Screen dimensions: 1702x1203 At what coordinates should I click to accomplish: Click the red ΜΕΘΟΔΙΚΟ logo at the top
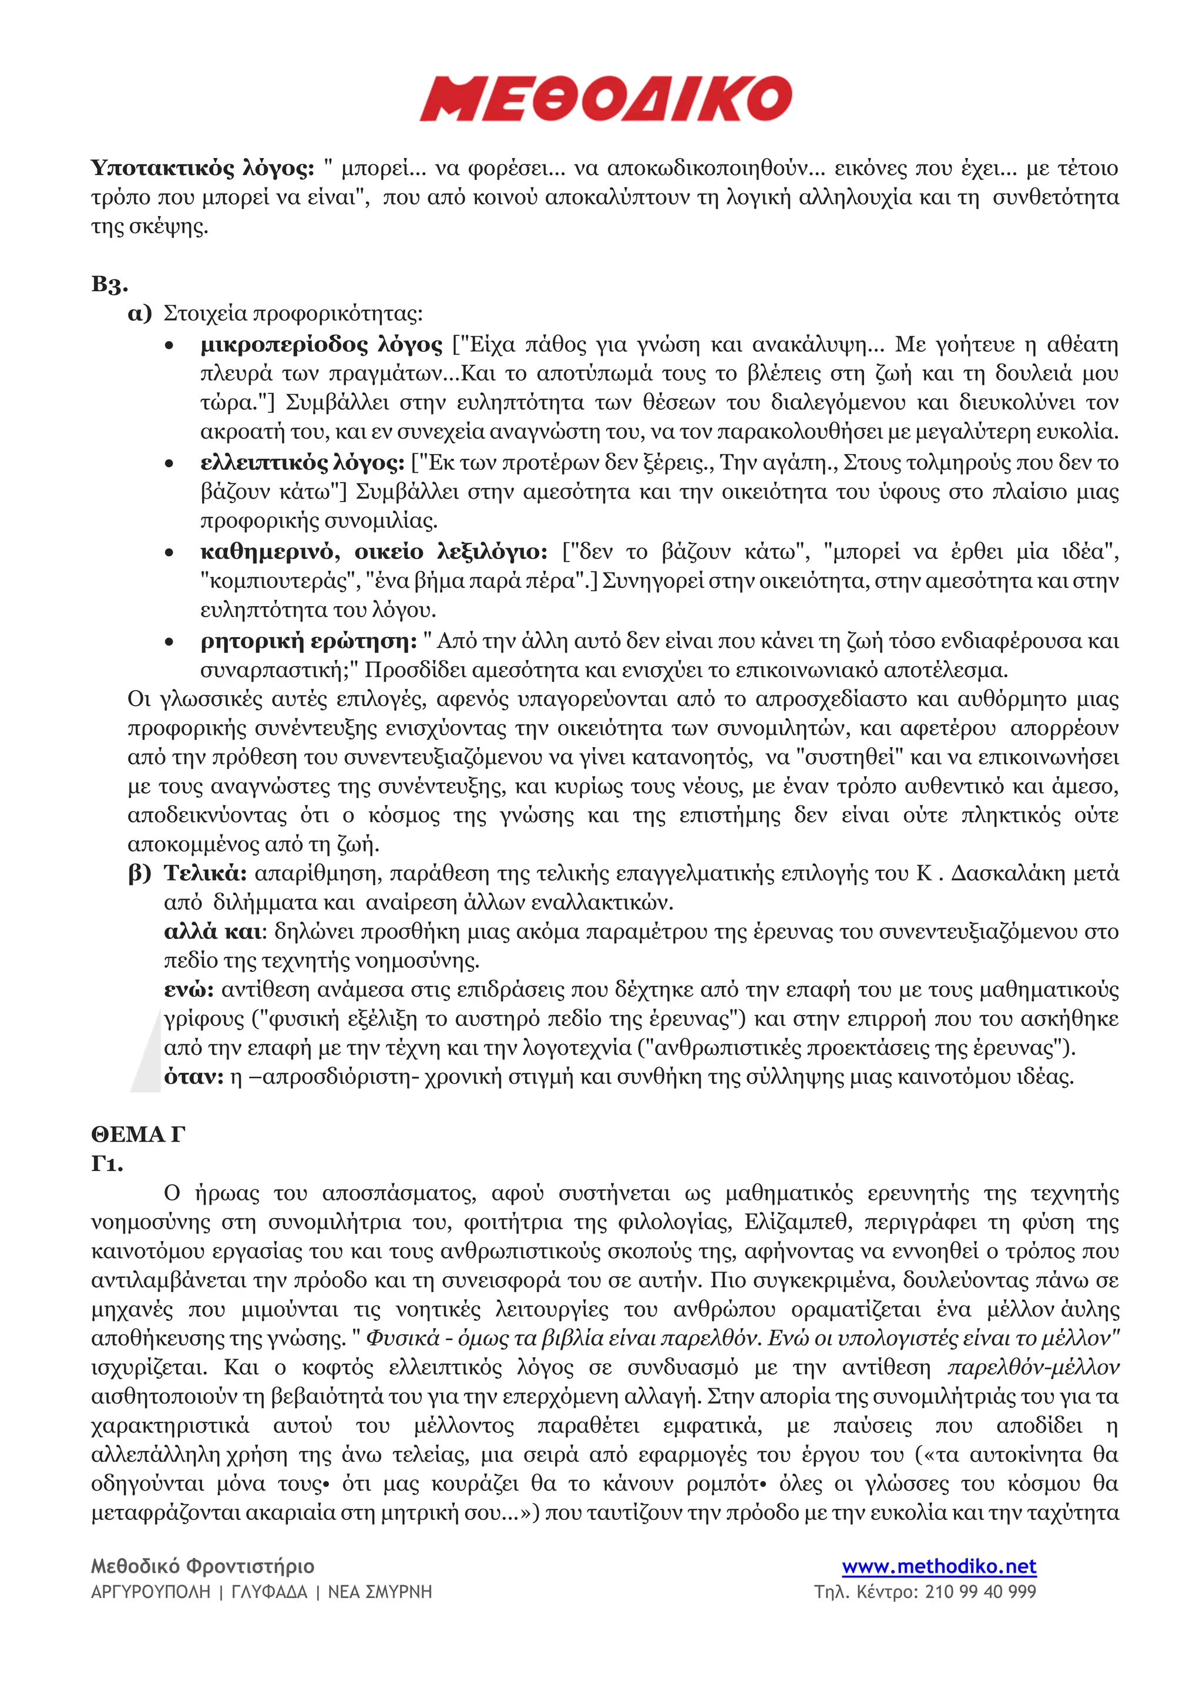(x=606, y=99)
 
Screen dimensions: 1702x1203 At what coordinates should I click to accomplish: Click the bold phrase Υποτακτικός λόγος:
(x=202, y=169)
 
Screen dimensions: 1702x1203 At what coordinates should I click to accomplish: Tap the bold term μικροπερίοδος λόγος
(x=321, y=345)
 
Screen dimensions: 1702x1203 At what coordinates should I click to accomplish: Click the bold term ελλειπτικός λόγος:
(x=303, y=463)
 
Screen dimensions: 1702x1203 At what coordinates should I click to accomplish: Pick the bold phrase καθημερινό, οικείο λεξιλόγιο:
(x=374, y=551)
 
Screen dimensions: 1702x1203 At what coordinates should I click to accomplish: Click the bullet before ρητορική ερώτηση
(x=170, y=642)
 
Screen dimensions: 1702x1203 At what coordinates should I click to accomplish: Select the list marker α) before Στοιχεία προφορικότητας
(x=139, y=314)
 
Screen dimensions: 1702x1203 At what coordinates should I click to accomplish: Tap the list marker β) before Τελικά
(x=139, y=873)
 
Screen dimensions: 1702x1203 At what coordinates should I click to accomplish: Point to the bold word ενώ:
(x=189, y=990)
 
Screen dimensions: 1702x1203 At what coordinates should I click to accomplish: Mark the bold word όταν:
(x=193, y=1077)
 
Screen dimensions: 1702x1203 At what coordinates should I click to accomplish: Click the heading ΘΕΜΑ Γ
(x=138, y=1135)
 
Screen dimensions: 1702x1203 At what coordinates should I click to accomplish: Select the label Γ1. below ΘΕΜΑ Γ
(x=107, y=1164)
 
